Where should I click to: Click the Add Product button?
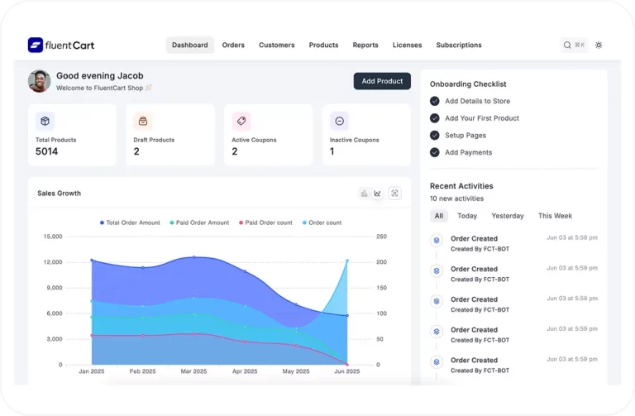(x=382, y=81)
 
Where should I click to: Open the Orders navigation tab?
(x=233, y=45)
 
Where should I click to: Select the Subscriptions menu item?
(x=459, y=45)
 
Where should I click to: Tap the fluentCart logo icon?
(x=36, y=45)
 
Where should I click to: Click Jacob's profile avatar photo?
(x=40, y=81)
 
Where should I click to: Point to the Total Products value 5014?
(x=46, y=151)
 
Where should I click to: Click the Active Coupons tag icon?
(x=241, y=121)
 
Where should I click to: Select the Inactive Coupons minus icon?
(x=339, y=121)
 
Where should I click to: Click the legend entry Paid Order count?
(x=265, y=222)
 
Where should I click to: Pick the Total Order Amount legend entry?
(x=130, y=222)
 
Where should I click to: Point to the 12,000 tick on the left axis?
(x=53, y=262)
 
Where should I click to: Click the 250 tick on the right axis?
(x=381, y=237)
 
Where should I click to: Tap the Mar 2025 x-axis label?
(x=193, y=371)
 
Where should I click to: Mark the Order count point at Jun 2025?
(x=347, y=261)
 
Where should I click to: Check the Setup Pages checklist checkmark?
(x=435, y=136)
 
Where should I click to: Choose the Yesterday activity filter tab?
(x=508, y=216)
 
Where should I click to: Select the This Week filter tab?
(x=555, y=216)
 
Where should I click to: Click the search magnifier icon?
(x=567, y=45)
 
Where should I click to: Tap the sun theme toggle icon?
(x=599, y=45)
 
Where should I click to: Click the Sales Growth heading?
(x=60, y=194)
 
